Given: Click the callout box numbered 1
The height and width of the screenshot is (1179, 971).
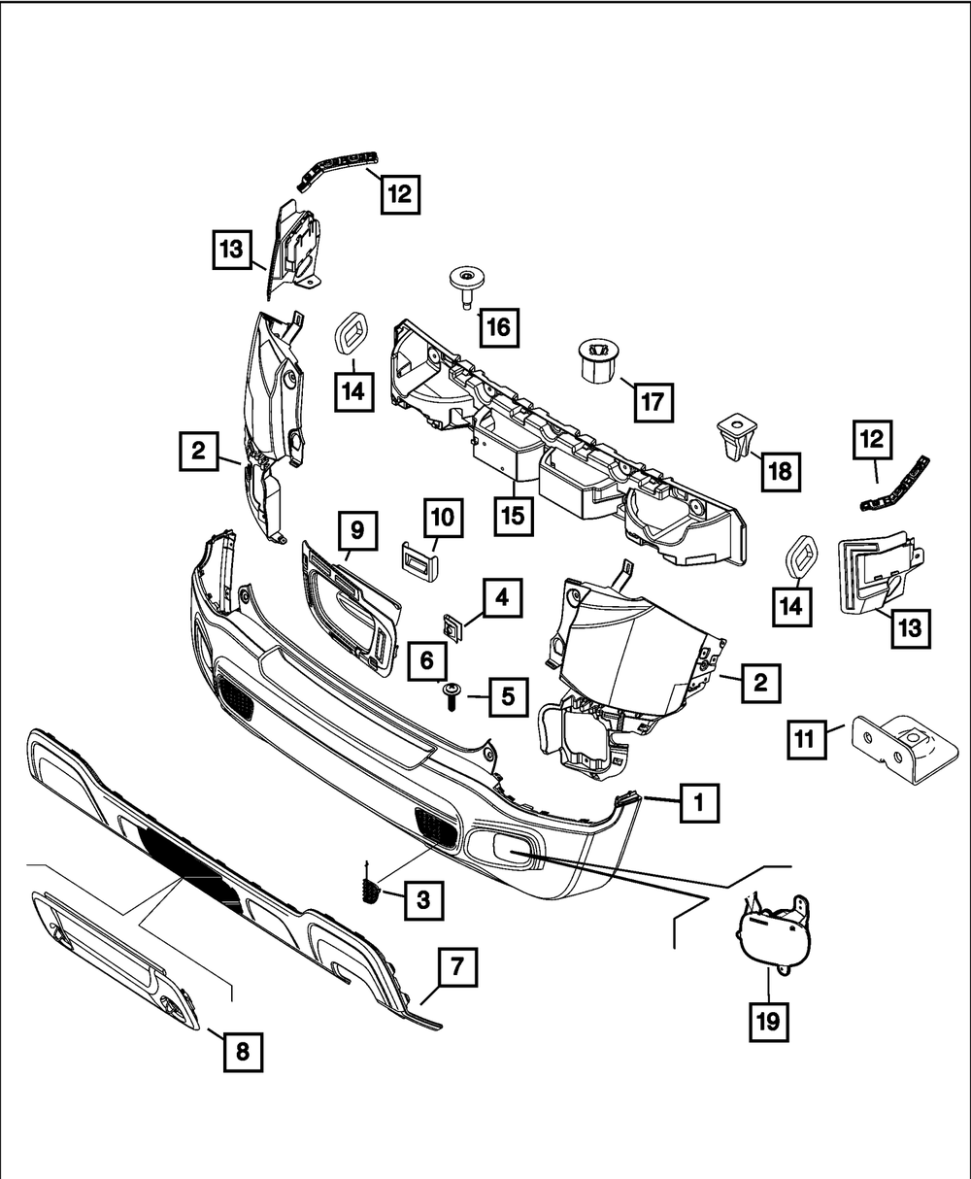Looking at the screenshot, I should (x=697, y=803).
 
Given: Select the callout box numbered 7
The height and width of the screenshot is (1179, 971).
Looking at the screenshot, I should (x=457, y=968).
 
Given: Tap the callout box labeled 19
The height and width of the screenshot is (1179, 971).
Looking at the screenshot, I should (x=768, y=1020).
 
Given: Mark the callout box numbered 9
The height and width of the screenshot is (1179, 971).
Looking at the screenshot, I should (x=357, y=530).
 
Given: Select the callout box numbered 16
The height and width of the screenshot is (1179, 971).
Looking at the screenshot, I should (x=498, y=327).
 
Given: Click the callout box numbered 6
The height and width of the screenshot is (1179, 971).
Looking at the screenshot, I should (x=426, y=662).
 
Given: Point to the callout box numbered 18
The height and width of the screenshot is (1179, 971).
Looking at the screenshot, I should (x=779, y=472).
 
